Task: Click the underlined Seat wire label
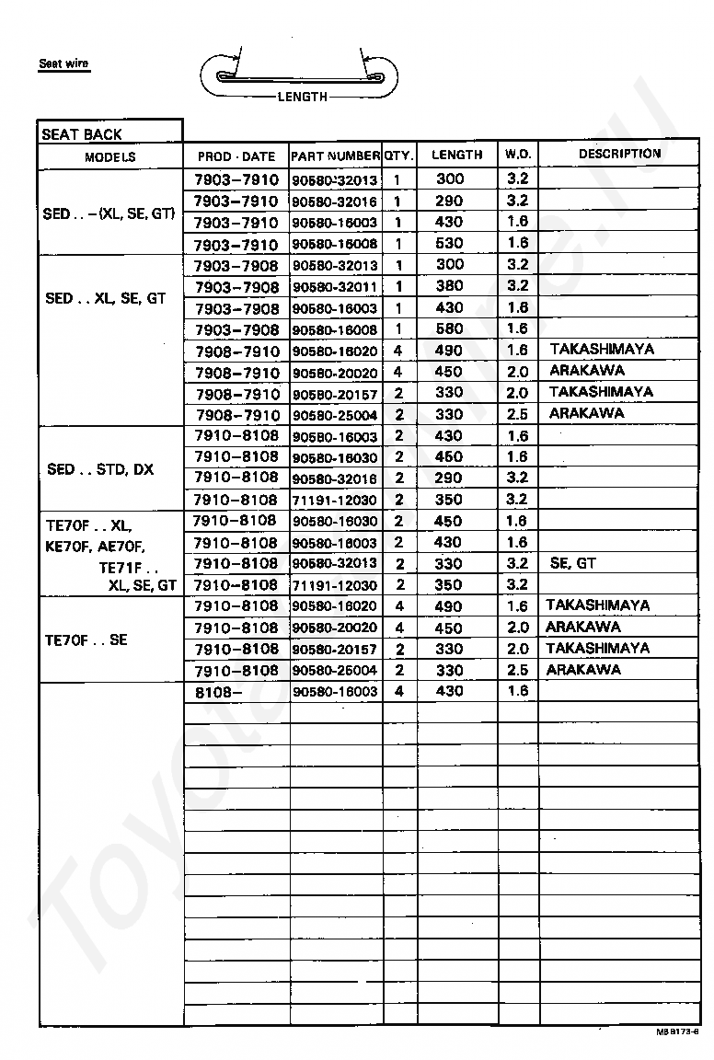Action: (x=63, y=64)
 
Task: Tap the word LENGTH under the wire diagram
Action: (x=302, y=97)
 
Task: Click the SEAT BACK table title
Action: (x=82, y=134)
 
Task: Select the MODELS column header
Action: (x=110, y=156)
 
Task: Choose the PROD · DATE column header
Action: (x=236, y=156)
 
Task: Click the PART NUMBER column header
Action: (x=336, y=156)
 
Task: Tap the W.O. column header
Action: (x=517, y=155)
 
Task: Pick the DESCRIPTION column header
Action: (x=619, y=154)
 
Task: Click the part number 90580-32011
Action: (x=335, y=287)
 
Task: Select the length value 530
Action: (x=450, y=244)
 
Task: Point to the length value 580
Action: (x=450, y=328)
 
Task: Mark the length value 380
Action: (x=450, y=286)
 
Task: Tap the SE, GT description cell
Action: (x=573, y=563)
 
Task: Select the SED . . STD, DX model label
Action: (x=100, y=469)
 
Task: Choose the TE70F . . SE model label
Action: (x=86, y=639)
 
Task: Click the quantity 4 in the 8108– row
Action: (x=398, y=691)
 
